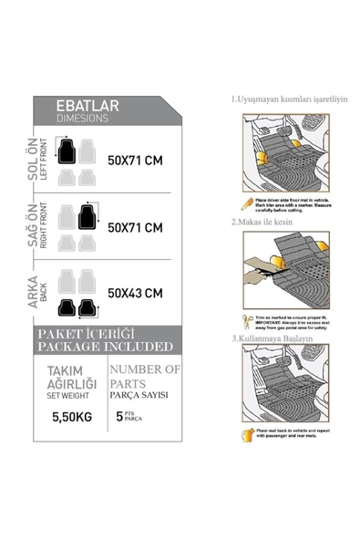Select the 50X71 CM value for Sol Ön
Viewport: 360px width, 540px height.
[135, 161]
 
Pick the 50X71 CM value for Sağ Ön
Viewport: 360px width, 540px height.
[135, 226]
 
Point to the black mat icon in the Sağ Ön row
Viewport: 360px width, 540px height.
[87, 215]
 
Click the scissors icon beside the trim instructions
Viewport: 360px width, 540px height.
[244, 320]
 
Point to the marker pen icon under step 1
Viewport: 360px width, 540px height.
[244, 202]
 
